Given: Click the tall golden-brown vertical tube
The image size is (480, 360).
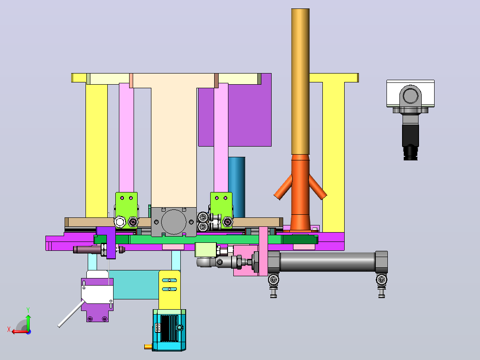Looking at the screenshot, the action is click(300, 82).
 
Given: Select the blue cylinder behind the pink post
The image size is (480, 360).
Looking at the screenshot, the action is click(237, 187).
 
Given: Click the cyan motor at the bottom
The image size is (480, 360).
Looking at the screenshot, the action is click(169, 330).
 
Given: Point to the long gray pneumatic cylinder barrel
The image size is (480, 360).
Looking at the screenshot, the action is click(327, 262).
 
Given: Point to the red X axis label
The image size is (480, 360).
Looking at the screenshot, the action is click(9, 329).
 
